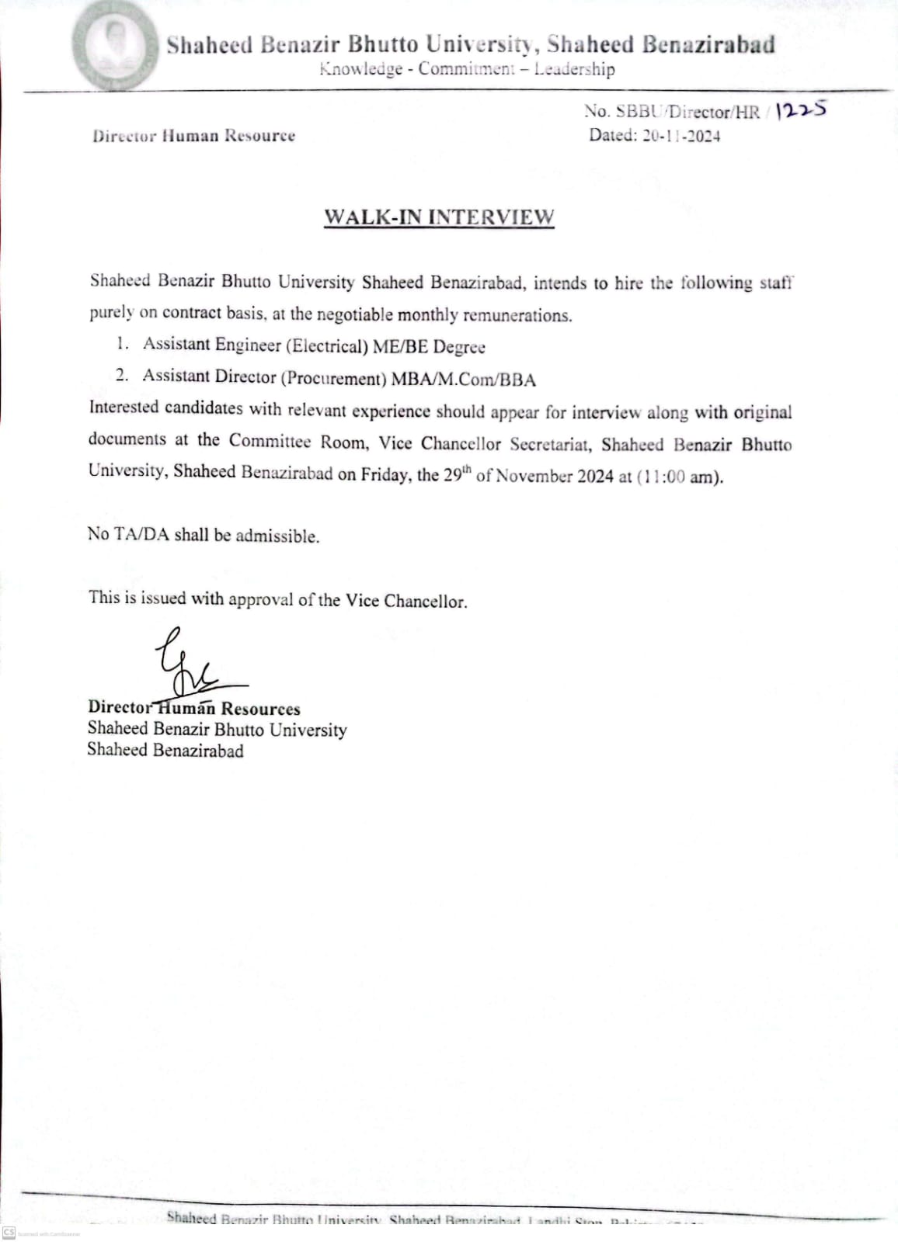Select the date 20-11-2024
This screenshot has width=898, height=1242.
pyautogui.click(x=680, y=136)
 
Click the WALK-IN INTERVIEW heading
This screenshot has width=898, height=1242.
pyautogui.click(x=439, y=217)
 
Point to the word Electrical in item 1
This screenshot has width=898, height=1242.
pyautogui.click(x=329, y=345)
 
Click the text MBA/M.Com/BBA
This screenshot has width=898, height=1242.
pyautogui.click(x=464, y=380)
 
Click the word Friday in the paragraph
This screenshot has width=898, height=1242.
pyautogui.click(x=384, y=474)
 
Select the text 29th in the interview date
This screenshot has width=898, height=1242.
pyautogui.click(x=457, y=474)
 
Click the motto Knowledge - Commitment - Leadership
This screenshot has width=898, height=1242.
pyautogui.click(x=467, y=69)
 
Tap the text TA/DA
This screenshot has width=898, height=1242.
pyautogui.click(x=141, y=534)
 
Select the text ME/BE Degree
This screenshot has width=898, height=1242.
pyautogui.click(x=429, y=346)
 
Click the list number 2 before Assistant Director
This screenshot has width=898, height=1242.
pyautogui.click(x=121, y=376)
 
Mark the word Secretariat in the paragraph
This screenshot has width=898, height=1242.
pyautogui.click(x=550, y=444)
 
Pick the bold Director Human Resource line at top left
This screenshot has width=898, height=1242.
pyautogui.click(x=193, y=136)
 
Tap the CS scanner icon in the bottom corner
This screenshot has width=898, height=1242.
pyautogui.click(x=9, y=1233)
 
